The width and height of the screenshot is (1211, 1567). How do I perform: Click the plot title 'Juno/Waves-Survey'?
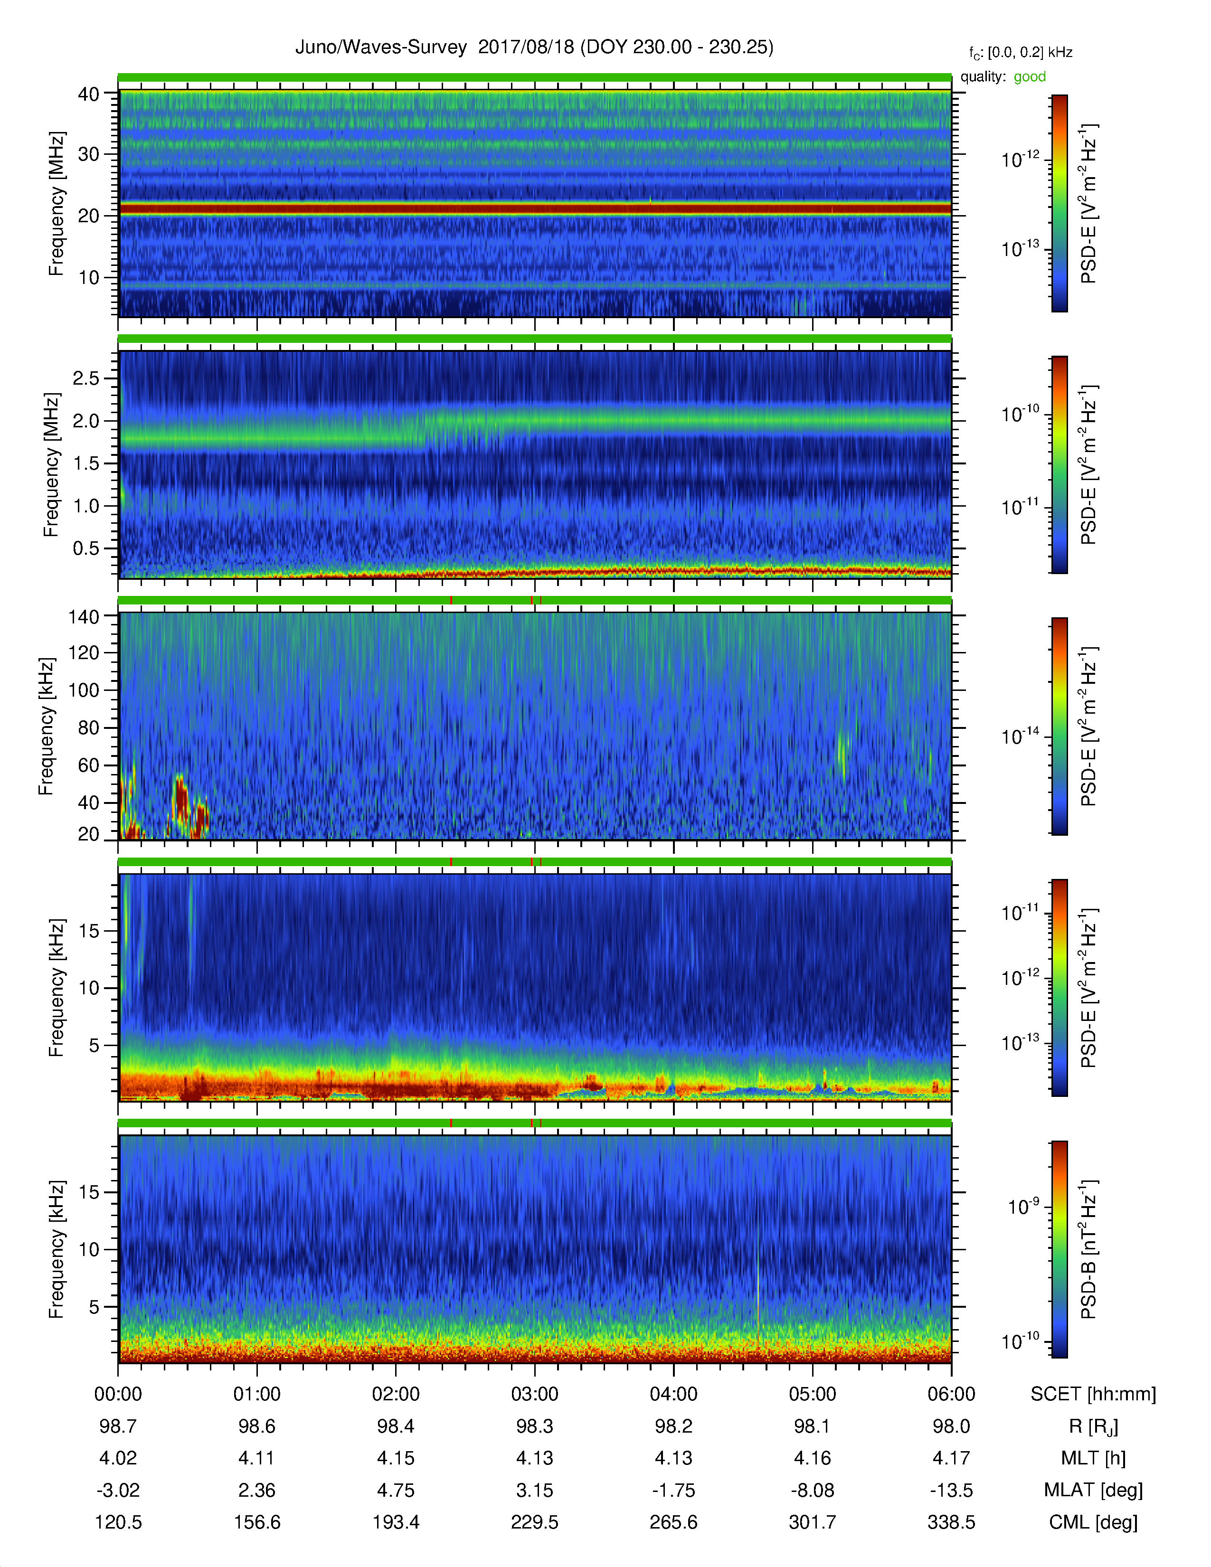coord(381,47)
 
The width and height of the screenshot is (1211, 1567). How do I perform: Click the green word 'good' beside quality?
coord(1030,77)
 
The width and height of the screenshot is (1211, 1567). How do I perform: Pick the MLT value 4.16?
coord(812,1458)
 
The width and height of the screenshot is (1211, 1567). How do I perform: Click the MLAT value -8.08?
coord(812,1490)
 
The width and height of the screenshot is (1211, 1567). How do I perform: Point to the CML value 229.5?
coord(534,1522)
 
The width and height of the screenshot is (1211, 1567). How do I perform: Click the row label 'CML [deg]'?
coord(1093,1522)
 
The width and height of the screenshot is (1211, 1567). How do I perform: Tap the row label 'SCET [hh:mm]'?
coord(1093,1394)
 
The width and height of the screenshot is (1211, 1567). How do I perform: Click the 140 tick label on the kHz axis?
coord(84,616)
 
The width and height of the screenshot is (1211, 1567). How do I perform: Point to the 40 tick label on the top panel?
coord(89,94)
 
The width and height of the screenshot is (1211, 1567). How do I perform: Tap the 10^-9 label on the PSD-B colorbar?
coord(1023,1206)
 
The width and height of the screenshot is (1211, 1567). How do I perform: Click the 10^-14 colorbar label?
coord(1020,736)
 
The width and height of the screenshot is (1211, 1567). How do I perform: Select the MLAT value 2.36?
coord(257,1490)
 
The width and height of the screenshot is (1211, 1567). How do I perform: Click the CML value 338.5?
coord(951,1522)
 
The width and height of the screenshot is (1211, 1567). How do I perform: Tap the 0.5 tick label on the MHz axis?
coord(86,548)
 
